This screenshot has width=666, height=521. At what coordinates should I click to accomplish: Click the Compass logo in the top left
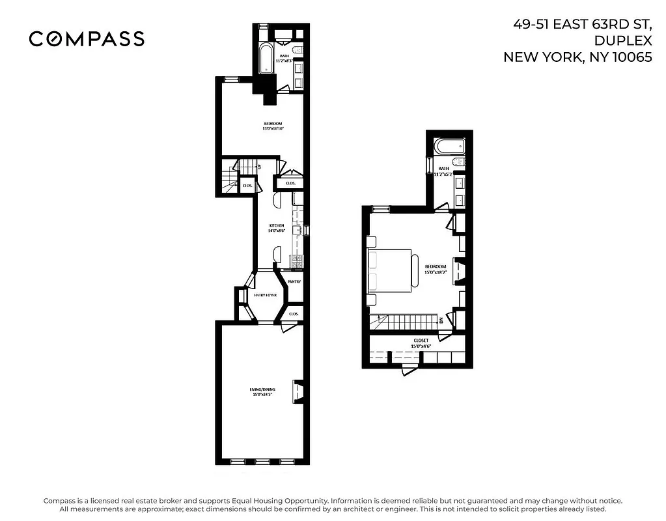(87, 39)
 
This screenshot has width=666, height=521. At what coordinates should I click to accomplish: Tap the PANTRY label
(294, 281)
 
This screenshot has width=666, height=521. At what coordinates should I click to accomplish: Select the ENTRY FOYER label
(266, 295)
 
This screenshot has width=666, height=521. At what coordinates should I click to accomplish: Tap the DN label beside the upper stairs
(441, 320)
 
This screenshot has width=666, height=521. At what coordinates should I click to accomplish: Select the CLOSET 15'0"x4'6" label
(421, 343)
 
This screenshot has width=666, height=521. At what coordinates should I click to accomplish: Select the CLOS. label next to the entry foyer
(294, 313)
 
